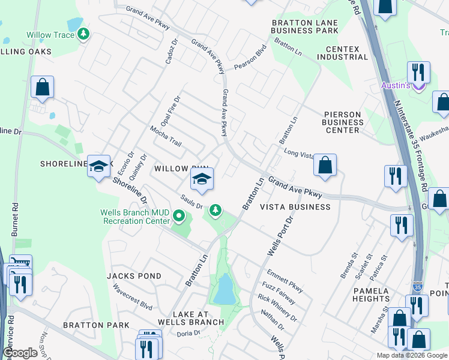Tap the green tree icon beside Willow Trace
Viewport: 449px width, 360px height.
pyautogui.click(x=84, y=35)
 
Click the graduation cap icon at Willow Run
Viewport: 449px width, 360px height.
pyautogui.click(x=202, y=179)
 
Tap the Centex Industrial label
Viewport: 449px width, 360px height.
pyautogui.click(x=347, y=53)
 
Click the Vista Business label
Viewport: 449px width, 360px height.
pyautogui.click(x=295, y=207)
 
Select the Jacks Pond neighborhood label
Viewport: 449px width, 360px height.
pyautogui.click(x=134, y=276)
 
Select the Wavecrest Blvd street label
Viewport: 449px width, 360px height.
pyautogui.click(x=133, y=296)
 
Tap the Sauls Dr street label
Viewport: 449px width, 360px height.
pyautogui.click(x=192, y=202)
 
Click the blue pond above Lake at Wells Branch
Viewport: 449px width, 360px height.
pyautogui.click(x=223, y=290)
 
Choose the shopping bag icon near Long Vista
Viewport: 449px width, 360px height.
pyautogui.click(x=325, y=166)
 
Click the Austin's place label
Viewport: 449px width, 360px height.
pyautogui.click(x=396, y=85)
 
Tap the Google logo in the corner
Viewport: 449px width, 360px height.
pyautogui.click(x=20, y=353)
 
